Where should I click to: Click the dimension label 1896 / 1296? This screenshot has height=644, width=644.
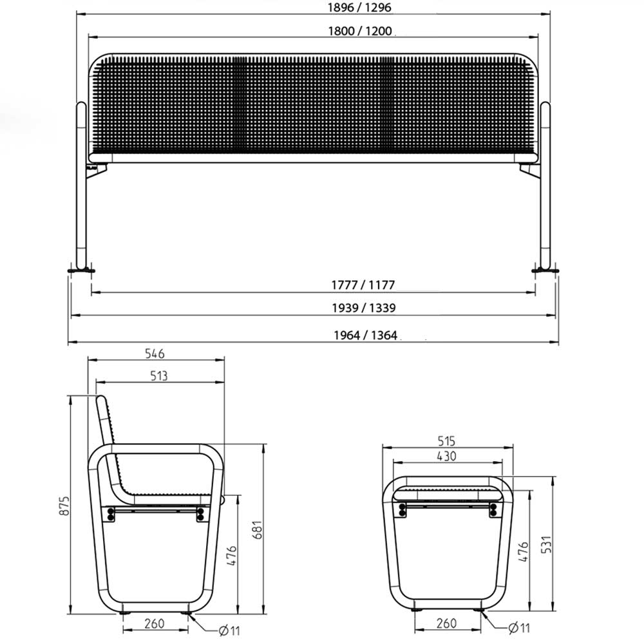coord(359,7)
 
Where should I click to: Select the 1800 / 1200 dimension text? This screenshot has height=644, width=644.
coord(360,31)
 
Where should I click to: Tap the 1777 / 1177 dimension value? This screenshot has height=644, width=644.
coord(363,285)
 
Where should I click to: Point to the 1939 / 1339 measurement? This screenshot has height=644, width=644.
coord(364,308)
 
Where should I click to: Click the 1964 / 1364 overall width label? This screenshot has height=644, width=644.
coord(366,335)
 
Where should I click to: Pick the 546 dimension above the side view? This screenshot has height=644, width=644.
coord(155,354)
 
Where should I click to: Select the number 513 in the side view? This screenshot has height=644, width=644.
coord(159,376)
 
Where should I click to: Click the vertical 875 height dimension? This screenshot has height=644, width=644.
coord(64,506)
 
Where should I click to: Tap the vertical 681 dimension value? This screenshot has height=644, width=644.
coord(257,530)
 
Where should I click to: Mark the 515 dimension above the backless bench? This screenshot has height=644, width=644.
coord(446,441)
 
